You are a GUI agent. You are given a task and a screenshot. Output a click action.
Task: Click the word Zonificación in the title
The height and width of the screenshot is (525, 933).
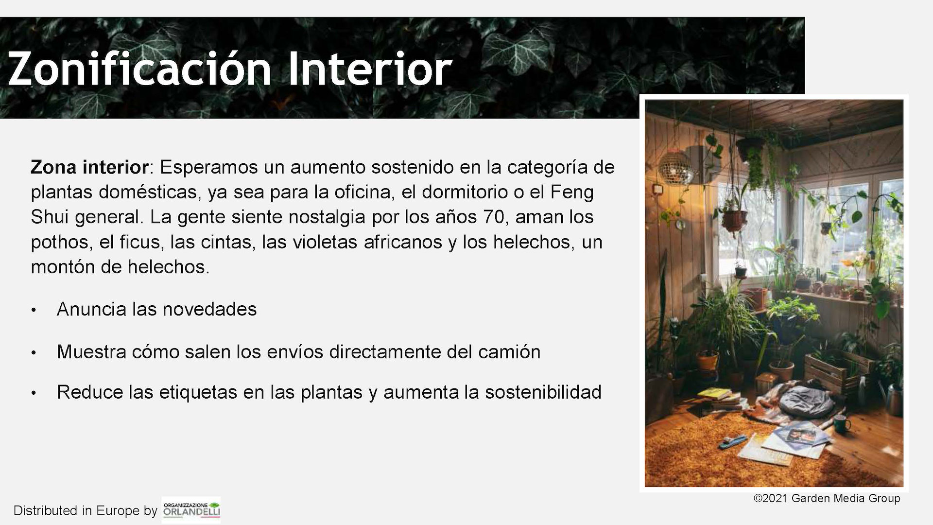click(x=139, y=69)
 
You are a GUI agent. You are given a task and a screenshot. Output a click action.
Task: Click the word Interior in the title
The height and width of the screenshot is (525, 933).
click(x=370, y=69)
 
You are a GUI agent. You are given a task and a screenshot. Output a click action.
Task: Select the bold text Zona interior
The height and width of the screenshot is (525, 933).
click(x=89, y=167)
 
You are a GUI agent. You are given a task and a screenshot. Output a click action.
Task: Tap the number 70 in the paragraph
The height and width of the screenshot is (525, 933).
click(x=494, y=217)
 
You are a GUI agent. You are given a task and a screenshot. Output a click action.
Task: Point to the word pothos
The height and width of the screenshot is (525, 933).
click(x=60, y=242)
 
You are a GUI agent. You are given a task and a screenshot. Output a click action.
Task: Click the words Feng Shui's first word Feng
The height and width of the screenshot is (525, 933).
click(x=571, y=192)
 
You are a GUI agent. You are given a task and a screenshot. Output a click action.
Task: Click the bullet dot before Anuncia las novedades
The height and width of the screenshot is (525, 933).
click(x=34, y=310)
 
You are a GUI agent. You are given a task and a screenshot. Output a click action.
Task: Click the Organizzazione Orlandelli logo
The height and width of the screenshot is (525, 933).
click(x=191, y=510)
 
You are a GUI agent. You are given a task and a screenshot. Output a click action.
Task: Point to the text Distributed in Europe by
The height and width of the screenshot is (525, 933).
click(x=86, y=511)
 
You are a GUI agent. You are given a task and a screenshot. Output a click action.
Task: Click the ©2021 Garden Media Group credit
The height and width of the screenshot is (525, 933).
click(x=827, y=498)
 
